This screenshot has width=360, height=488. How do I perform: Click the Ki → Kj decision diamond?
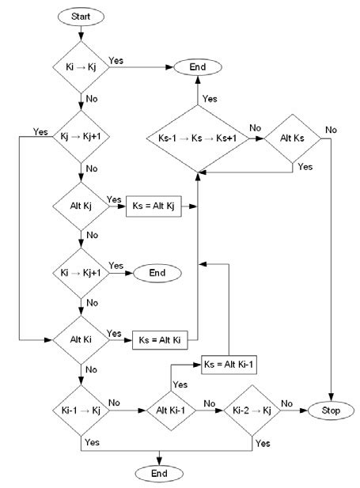(x=81, y=67)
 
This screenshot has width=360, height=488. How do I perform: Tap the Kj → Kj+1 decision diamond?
(x=81, y=137)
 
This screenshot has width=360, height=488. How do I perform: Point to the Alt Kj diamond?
(x=81, y=206)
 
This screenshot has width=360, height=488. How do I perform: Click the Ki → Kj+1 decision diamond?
(x=81, y=273)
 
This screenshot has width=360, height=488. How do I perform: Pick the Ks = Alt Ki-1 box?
(x=229, y=364)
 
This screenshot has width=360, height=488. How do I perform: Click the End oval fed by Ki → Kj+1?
(x=157, y=273)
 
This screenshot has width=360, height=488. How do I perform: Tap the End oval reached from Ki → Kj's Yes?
(x=196, y=67)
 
